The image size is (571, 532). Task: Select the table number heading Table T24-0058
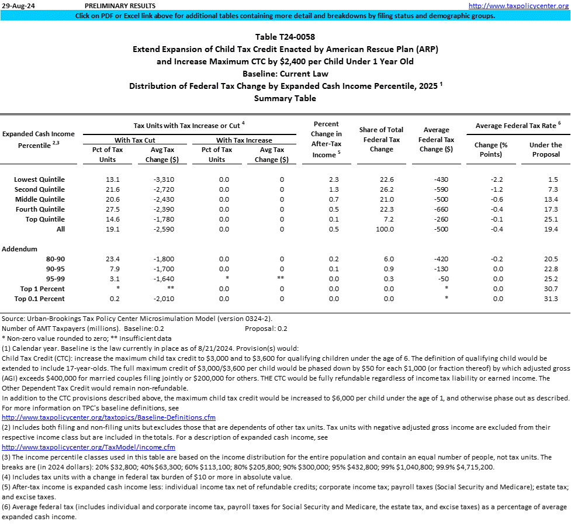(x=285, y=37)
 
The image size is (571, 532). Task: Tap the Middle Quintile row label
(x=40, y=199)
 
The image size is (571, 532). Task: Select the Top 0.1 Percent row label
(x=40, y=299)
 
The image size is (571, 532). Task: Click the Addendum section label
(x=20, y=249)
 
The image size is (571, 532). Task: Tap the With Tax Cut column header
(x=135, y=140)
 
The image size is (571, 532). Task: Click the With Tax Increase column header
(x=244, y=140)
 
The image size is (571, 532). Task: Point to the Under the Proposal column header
(x=545, y=150)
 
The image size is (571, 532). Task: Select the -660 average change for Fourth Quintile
(x=437, y=209)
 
